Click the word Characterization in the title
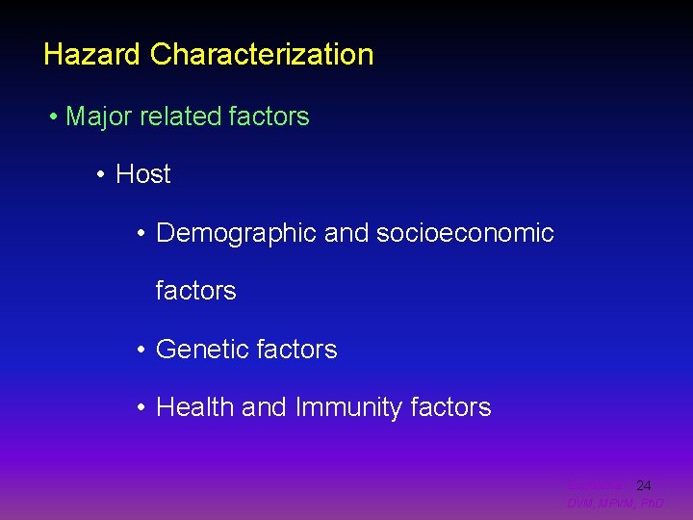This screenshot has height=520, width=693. [261, 54]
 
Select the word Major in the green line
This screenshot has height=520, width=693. [99, 117]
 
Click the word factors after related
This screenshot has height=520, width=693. [269, 117]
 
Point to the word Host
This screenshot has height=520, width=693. [142, 174]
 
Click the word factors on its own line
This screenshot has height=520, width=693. [195, 291]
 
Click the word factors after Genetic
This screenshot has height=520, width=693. [297, 350]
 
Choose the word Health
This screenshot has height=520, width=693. [195, 407]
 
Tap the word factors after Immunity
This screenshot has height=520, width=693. [450, 407]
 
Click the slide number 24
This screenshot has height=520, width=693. [644, 486]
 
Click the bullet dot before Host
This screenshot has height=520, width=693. [100, 175]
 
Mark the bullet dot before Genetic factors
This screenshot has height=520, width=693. [141, 351]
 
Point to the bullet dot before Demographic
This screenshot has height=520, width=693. [141, 234]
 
